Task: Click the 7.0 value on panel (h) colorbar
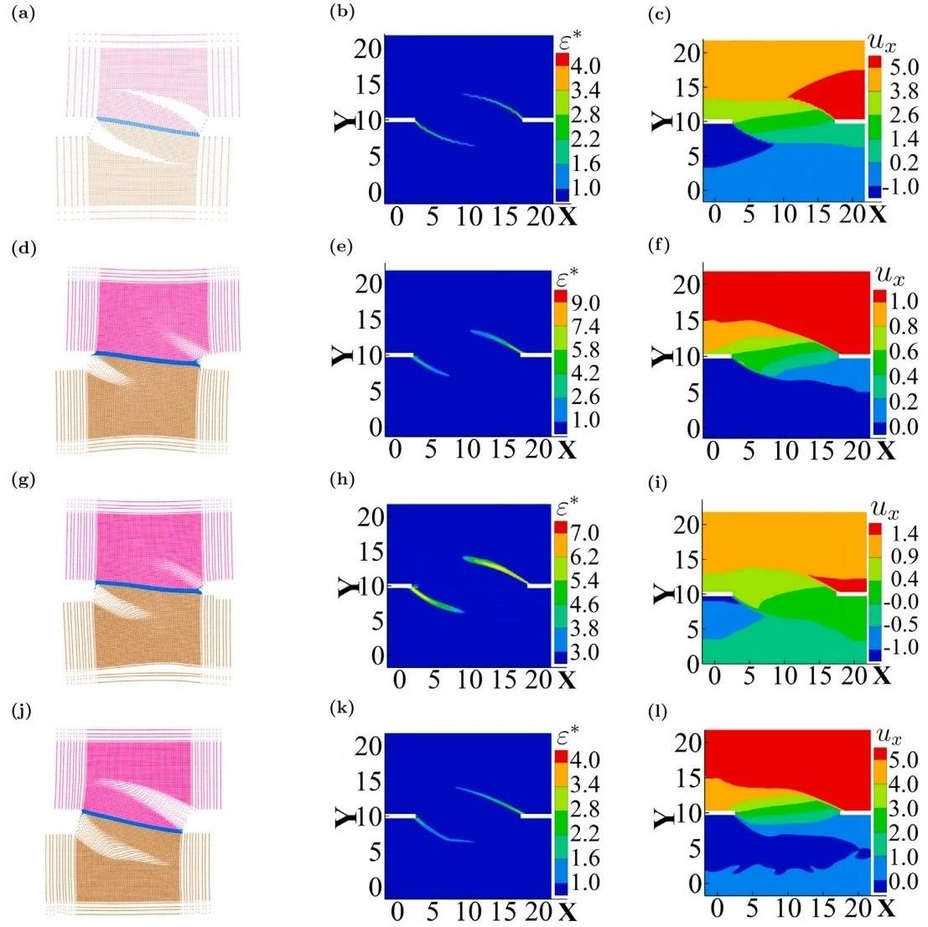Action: coord(586,531)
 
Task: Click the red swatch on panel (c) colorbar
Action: coord(874,61)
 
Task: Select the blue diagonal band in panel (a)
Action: coord(148,127)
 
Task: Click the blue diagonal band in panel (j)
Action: coord(132,821)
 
